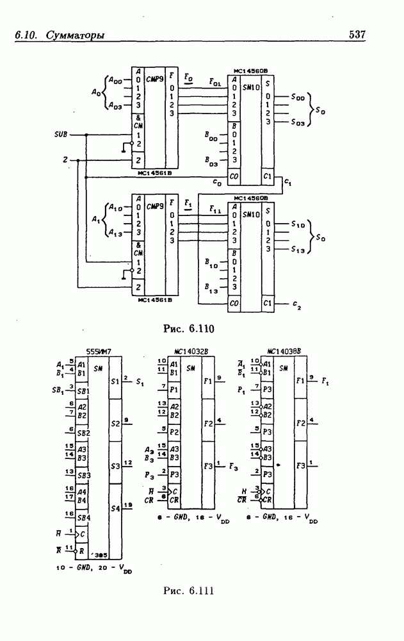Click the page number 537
click(x=357, y=35)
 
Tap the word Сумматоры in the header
click(x=76, y=35)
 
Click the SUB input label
click(x=61, y=135)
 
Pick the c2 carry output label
click(x=296, y=303)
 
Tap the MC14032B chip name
click(x=190, y=351)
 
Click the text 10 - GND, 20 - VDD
click(x=97, y=569)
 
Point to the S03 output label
click(x=298, y=122)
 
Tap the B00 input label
click(x=211, y=137)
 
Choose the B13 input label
click(x=211, y=289)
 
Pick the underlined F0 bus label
click(x=188, y=77)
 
